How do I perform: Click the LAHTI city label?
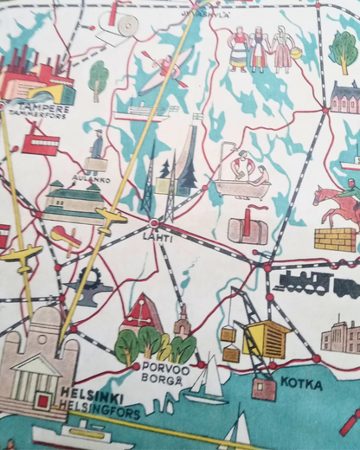coord(159,237)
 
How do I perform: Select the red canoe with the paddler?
coord(166,69)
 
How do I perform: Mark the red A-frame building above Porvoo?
coord(142,313)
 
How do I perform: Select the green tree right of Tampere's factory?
coord(99,79)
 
